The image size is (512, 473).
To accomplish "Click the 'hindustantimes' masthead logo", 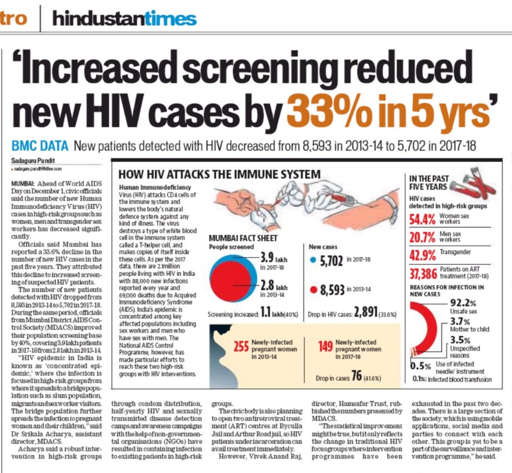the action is click(124, 18).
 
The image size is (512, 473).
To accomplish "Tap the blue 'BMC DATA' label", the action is click(40, 146).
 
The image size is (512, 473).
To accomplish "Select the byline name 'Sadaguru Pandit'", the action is click(33, 161).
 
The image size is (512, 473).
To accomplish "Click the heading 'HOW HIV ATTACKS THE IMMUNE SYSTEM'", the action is click(219, 174).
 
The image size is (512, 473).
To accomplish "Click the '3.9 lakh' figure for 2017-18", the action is click(274, 258).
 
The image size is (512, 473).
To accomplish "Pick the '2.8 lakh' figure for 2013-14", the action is click(274, 286).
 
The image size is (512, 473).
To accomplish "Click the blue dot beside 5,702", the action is click(313, 260).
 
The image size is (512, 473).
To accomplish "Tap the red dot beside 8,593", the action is click(313, 290).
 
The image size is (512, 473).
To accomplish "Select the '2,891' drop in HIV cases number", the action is click(366, 312).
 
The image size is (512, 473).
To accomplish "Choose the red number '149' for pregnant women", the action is click(326, 346).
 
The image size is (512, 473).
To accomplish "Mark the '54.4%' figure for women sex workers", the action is click(422, 219).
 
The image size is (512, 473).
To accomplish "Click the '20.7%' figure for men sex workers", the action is click(422, 238).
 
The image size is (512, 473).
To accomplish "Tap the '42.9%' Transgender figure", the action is click(422, 255).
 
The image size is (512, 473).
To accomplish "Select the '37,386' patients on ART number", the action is click(423, 274).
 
